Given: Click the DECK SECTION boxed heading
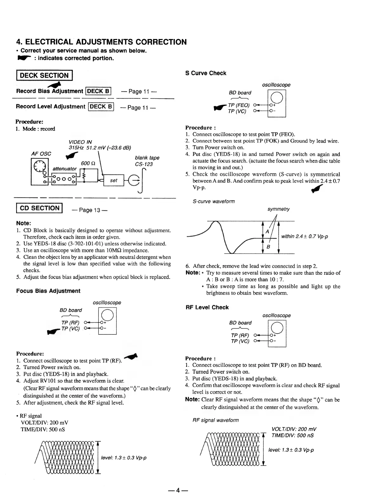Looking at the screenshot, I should click(44, 76).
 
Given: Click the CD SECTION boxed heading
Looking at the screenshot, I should click(40, 208).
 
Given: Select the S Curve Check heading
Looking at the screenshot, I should click(205, 73).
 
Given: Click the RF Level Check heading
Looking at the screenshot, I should click(207, 307).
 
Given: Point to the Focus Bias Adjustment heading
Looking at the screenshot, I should click(48, 291).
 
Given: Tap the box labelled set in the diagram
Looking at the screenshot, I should click(113, 181).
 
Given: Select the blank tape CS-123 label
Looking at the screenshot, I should click(147, 161).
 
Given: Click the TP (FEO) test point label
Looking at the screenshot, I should click(238, 105).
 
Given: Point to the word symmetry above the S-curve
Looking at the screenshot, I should click(278, 209).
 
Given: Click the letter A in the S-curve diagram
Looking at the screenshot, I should click(267, 232).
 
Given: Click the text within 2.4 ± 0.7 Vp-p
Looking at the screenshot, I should click(304, 236).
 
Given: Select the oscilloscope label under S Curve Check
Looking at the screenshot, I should click(276, 85).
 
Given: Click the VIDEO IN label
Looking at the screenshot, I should click(80, 142).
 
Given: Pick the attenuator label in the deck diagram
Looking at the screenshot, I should click(64, 168).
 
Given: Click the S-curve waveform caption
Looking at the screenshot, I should click(214, 201).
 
